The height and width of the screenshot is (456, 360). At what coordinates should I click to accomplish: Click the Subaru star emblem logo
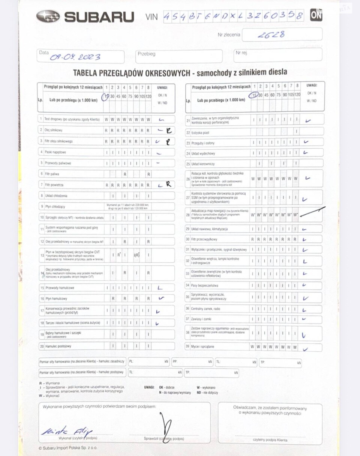point(48,16)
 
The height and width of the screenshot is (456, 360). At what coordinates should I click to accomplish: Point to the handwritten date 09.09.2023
point(75,57)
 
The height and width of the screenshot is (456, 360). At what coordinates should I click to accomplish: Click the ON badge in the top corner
point(316,15)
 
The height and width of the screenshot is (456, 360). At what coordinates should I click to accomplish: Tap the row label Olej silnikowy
point(54,130)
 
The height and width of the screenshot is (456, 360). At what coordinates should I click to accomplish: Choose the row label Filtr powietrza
point(54,185)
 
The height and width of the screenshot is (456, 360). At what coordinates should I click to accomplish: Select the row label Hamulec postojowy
point(58,346)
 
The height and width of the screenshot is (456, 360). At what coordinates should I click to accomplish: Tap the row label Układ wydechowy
point(203,154)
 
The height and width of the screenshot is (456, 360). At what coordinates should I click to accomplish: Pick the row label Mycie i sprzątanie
point(202,347)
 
